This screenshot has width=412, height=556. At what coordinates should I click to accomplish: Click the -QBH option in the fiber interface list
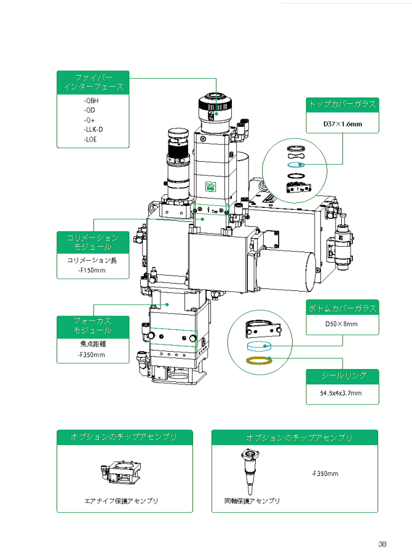(x=90, y=100)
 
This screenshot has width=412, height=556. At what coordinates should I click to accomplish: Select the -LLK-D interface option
(x=93, y=129)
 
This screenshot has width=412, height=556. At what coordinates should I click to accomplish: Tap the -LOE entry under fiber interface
(x=90, y=139)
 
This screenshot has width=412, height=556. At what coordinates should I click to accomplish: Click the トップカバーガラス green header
(x=343, y=104)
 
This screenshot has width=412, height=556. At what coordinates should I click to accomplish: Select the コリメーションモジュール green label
(x=93, y=242)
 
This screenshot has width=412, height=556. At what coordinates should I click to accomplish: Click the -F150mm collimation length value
(x=92, y=269)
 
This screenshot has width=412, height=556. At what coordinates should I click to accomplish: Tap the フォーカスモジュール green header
(x=93, y=326)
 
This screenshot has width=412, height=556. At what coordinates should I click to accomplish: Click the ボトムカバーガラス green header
(x=343, y=308)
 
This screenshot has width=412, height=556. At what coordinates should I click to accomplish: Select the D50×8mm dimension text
(x=342, y=324)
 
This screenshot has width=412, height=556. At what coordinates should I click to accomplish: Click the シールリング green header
(x=343, y=375)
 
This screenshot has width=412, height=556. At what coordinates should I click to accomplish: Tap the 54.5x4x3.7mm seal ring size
(x=342, y=393)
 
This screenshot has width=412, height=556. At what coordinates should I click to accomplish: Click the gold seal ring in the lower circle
(x=259, y=360)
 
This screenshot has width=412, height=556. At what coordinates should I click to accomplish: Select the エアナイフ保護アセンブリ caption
(x=121, y=501)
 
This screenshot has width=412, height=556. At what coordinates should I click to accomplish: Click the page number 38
(x=382, y=544)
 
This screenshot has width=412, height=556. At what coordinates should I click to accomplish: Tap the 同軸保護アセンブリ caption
(x=252, y=501)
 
